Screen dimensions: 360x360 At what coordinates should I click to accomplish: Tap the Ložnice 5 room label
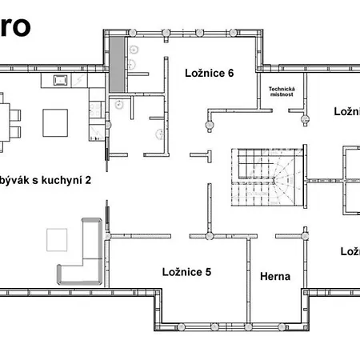click(x=186, y=272)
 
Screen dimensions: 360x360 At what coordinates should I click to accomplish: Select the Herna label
click(x=274, y=277)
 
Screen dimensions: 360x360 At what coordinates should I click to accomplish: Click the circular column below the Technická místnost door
click(x=304, y=121)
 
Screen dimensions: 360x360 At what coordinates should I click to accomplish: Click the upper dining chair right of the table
click(x=14, y=113)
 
